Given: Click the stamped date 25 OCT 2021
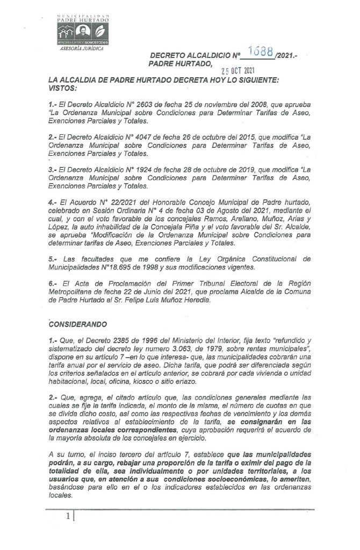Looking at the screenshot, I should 239,70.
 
